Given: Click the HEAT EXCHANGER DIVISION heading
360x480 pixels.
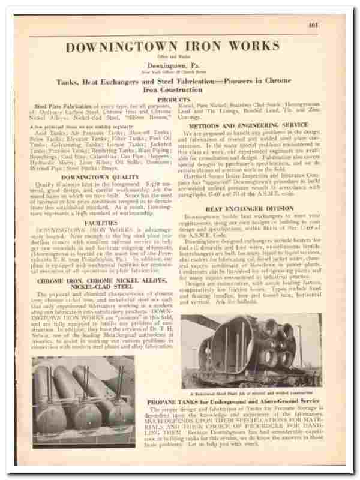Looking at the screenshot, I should (x=250, y=209).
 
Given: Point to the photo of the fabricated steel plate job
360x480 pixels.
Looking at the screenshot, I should (x=252, y=350).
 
